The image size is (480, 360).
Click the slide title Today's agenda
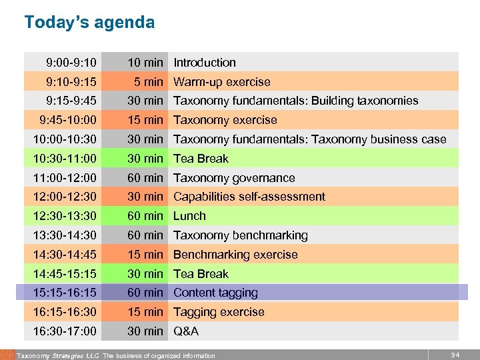pyautogui.click(x=89, y=23)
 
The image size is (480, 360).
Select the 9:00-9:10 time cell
pyautogui.click(x=71, y=63)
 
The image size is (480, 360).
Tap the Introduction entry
pyautogui.click(x=205, y=63)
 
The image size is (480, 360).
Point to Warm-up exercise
pyautogui.click(x=222, y=82)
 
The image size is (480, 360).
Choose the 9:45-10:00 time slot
pyautogui.click(x=68, y=120)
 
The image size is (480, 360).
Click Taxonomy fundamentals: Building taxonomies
pyautogui.click(x=296, y=101)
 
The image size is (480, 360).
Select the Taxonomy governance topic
pyautogui.click(x=234, y=178)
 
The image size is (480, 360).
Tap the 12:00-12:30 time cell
pyautogui.click(x=65, y=197)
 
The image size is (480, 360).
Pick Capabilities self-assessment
pyautogui.click(x=249, y=197)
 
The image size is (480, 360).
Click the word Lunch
pyautogui.click(x=189, y=216)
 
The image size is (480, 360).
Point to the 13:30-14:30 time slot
pyautogui.click(x=65, y=235)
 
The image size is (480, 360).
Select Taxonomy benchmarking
pyautogui.click(x=241, y=235)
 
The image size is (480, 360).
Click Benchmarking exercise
pyautogui.click(x=235, y=255)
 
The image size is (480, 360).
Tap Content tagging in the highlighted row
pyautogui.click(x=215, y=293)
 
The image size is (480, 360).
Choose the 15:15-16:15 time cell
pyautogui.click(x=65, y=293)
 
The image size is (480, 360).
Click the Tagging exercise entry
pyautogui.click(x=219, y=312)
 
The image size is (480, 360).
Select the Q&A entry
pyautogui.click(x=186, y=331)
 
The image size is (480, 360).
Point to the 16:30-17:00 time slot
pyautogui.click(x=65, y=331)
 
